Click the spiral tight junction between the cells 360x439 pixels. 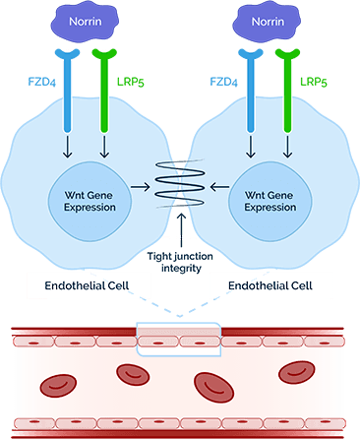point(180,182)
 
